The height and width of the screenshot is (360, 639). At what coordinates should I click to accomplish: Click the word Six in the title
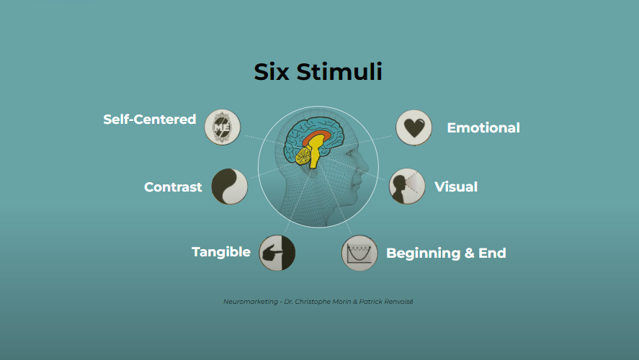pyautogui.click(x=272, y=72)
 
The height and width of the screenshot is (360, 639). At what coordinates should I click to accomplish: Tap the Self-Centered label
pyautogui.click(x=149, y=119)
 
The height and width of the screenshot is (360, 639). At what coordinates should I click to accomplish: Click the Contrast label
pyautogui.click(x=173, y=187)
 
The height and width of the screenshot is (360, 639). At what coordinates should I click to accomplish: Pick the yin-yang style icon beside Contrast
pyautogui.click(x=230, y=186)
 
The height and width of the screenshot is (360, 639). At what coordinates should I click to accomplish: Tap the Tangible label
pyautogui.click(x=221, y=252)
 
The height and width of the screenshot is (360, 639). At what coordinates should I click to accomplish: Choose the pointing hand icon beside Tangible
pyautogui.click(x=277, y=253)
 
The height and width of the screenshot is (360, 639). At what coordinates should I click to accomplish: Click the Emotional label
pyautogui.click(x=483, y=128)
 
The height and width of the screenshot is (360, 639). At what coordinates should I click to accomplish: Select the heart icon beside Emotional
pyautogui.click(x=414, y=127)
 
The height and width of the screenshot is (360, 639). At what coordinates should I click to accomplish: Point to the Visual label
pyautogui.click(x=456, y=187)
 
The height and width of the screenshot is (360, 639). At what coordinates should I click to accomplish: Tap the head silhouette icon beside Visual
pyautogui.click(x=407, y=186)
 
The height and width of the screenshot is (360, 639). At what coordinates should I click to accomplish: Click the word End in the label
pyautogui.click(x=492, y=253)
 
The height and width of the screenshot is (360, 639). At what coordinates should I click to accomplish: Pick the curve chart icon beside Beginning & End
pyautogui.click(x=359, y=253)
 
